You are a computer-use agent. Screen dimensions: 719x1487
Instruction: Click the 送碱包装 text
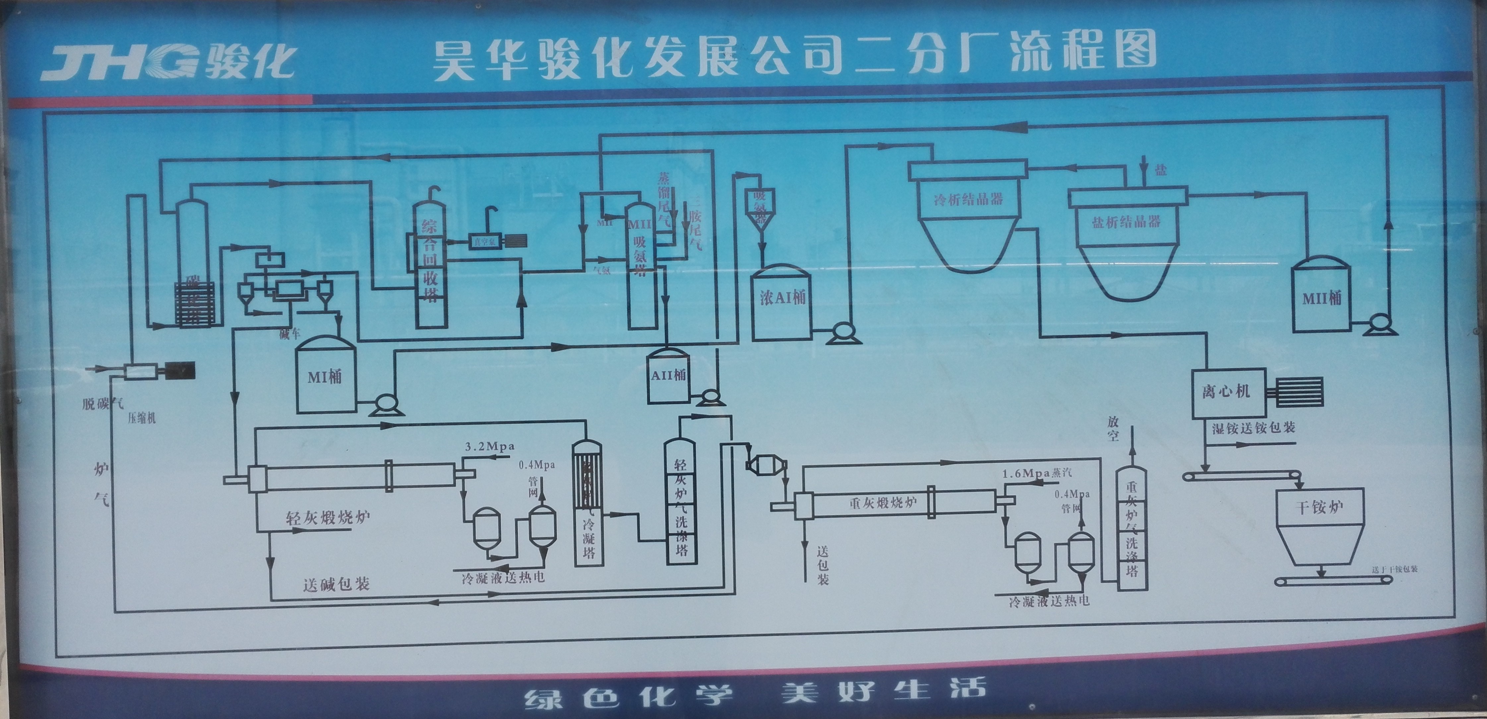coord(336,584)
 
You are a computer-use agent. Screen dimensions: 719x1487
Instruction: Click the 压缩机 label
coord(142,418)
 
